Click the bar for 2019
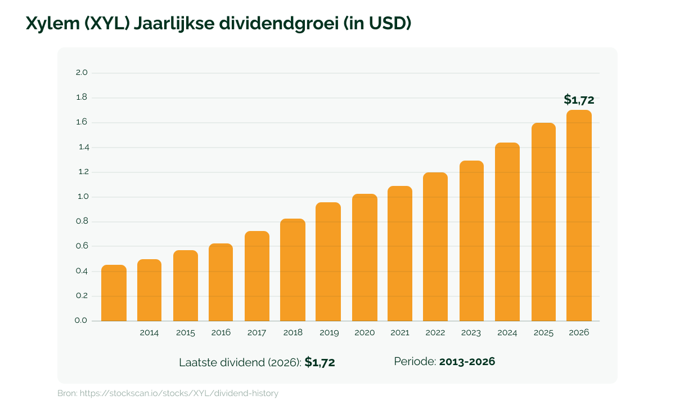click(328, 262)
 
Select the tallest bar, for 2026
click(579, 216)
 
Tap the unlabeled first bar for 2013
click(114, 293)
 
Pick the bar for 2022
click(435, 247)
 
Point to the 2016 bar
click(220, 282)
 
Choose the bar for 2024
click(507, 232)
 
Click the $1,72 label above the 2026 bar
click(579, 100)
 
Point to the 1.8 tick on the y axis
click(82, 97)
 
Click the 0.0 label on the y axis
click(81, 321)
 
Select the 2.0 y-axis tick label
click(82, 73)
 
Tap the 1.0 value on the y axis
click(83, 197)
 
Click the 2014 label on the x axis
click(149, 332)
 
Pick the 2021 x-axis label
click(400, 332)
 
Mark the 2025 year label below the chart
click(543, 332)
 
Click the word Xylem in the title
click(53, 24)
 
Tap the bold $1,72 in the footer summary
click(319, 362)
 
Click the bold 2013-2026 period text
click(467, 362)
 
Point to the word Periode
click(415, 362)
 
